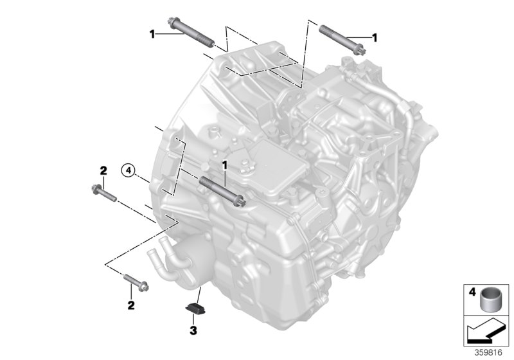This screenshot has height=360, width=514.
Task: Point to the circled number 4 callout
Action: click(x=129, y=170)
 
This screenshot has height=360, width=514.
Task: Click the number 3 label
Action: click(x=191, y=331)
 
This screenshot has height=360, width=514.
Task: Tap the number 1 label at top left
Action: click(x=152, y=33)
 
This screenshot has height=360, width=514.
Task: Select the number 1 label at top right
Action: click(x=375, y=38)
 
